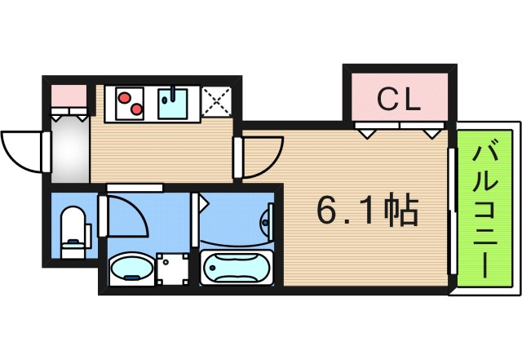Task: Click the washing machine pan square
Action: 172,268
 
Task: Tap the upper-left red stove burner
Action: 123,96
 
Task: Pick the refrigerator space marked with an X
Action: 216,102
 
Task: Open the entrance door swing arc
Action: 23,152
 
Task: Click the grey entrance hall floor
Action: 69,151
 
